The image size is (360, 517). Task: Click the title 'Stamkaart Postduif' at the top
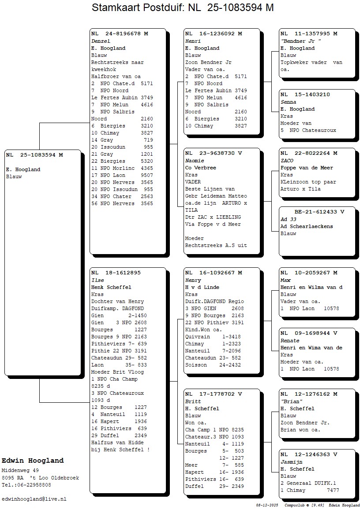pos(138,7)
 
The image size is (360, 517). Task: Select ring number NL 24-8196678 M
pos(120,34)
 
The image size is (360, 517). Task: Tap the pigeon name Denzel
pos(101,41)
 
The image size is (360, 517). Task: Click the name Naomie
pos(195,161)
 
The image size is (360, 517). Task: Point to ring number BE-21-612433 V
pos(319,212)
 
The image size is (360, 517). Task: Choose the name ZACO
pos(287,161)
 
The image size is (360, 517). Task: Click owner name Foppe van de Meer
pos(307,168)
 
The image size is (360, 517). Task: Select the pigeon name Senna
pos(288,102)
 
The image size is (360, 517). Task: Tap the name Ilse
pos(97,280)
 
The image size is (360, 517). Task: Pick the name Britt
pos(193,401)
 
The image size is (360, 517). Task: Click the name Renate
pos(290,341)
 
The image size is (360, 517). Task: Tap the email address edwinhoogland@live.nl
pos(34,499)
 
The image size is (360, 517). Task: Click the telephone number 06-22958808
pos(33,485)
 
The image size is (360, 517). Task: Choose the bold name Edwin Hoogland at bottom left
pos(33,461)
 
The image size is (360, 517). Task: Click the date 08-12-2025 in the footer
pos(267,505)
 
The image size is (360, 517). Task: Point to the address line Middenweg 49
pos(20,471)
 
